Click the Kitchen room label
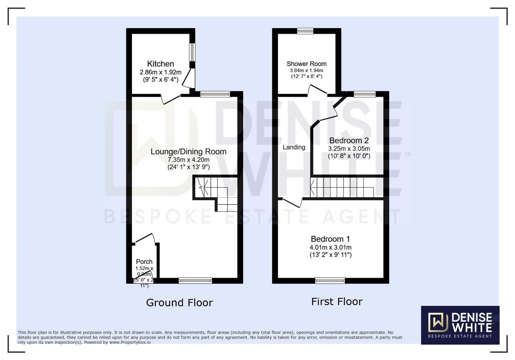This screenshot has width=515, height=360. click(160, 64)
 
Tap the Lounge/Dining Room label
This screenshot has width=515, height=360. click(188, 152)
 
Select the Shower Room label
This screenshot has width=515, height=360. click(307, 64)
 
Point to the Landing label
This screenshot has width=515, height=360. click(294, 147)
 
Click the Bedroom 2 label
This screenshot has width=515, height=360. click(349, 141)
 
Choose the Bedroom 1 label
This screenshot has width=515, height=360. click(330, 239)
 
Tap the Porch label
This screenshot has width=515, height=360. click(144, 262)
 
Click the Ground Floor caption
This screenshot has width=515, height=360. click(179, 303)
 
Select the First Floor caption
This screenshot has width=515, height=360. click(337, 302)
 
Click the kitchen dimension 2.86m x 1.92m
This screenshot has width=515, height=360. click(160, 72)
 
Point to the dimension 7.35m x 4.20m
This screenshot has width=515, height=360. click(188, 160)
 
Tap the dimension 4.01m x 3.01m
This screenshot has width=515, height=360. click(330, 247)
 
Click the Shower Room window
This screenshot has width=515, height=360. click(305, 31)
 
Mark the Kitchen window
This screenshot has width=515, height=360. click(192, 52)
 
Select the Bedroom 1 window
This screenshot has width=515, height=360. click(330, 281)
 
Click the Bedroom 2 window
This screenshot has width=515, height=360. click(365, 94)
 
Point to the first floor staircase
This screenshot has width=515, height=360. click(342, 187)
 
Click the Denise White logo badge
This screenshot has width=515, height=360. click(460, 325)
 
